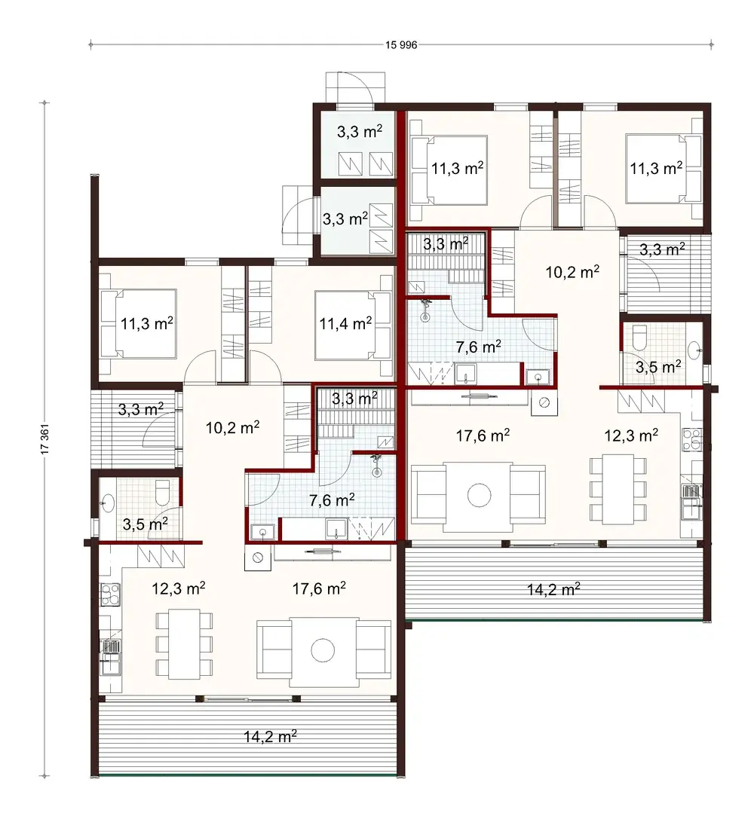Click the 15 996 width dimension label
pos(400,44)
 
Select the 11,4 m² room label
pos(345,324)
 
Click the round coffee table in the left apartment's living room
pos(324,649)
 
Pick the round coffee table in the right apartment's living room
pos(478,495)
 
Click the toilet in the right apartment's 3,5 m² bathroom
pos(639,337)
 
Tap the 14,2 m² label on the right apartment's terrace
pos(553,588)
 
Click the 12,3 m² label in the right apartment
pos(632,434)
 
